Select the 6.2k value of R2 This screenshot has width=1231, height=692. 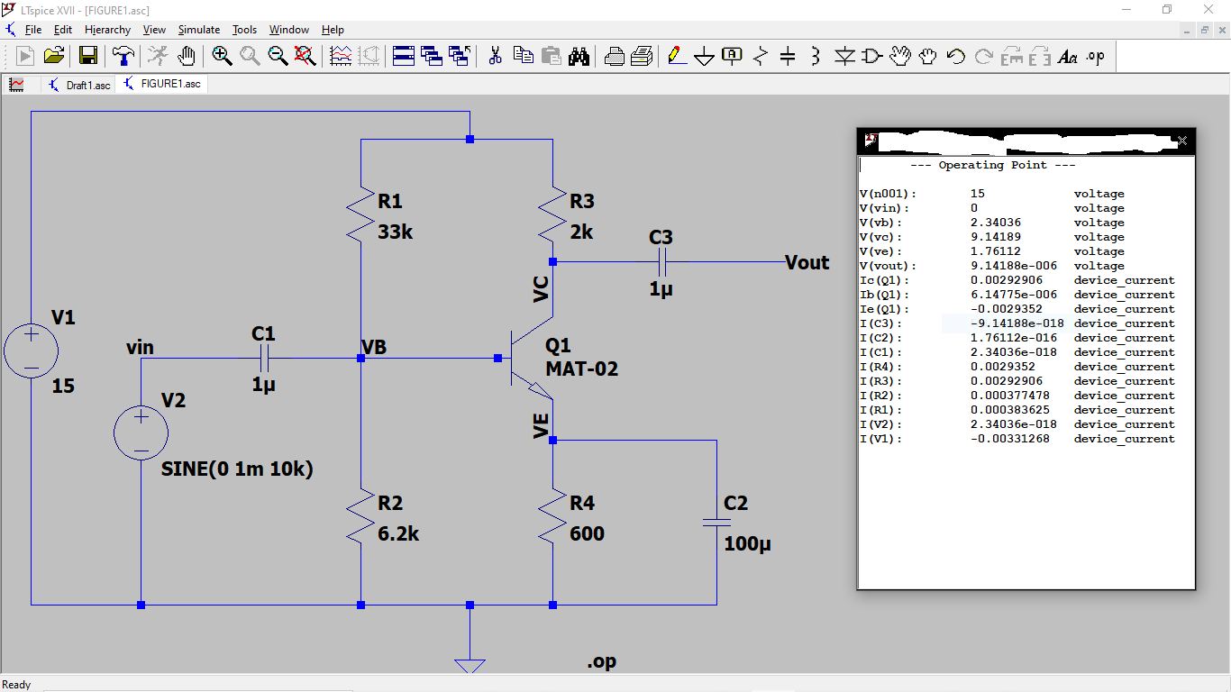[398, 533]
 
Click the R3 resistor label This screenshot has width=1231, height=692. [582, 201]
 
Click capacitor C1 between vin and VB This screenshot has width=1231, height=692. [264, 359]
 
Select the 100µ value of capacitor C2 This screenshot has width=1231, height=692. [747, 544]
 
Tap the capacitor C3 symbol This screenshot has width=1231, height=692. [661, 262]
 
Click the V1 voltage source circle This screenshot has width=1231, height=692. [32, 351]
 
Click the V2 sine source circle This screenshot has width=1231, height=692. [141, 432]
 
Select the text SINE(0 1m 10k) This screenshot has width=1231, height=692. [237, 469]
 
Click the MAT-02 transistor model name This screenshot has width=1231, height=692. [581, 369]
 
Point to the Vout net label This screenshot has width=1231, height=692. [807, 262]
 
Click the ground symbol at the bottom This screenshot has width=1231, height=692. [470, 665]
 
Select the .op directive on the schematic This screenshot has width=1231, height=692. [602, 661]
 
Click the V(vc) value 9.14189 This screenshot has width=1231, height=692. [996, 237]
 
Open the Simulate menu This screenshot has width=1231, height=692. [198, 30]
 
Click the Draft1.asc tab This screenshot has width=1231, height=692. [87, 85]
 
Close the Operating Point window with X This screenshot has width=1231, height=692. [1182, 141]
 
